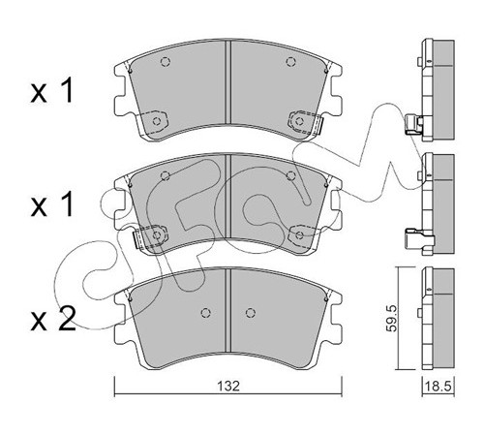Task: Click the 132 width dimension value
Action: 228,386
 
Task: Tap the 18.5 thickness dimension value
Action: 439,387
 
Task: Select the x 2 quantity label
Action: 53,319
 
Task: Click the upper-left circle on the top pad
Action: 166,61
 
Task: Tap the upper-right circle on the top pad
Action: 291,61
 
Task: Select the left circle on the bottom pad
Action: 205,313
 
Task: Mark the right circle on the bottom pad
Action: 250,313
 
